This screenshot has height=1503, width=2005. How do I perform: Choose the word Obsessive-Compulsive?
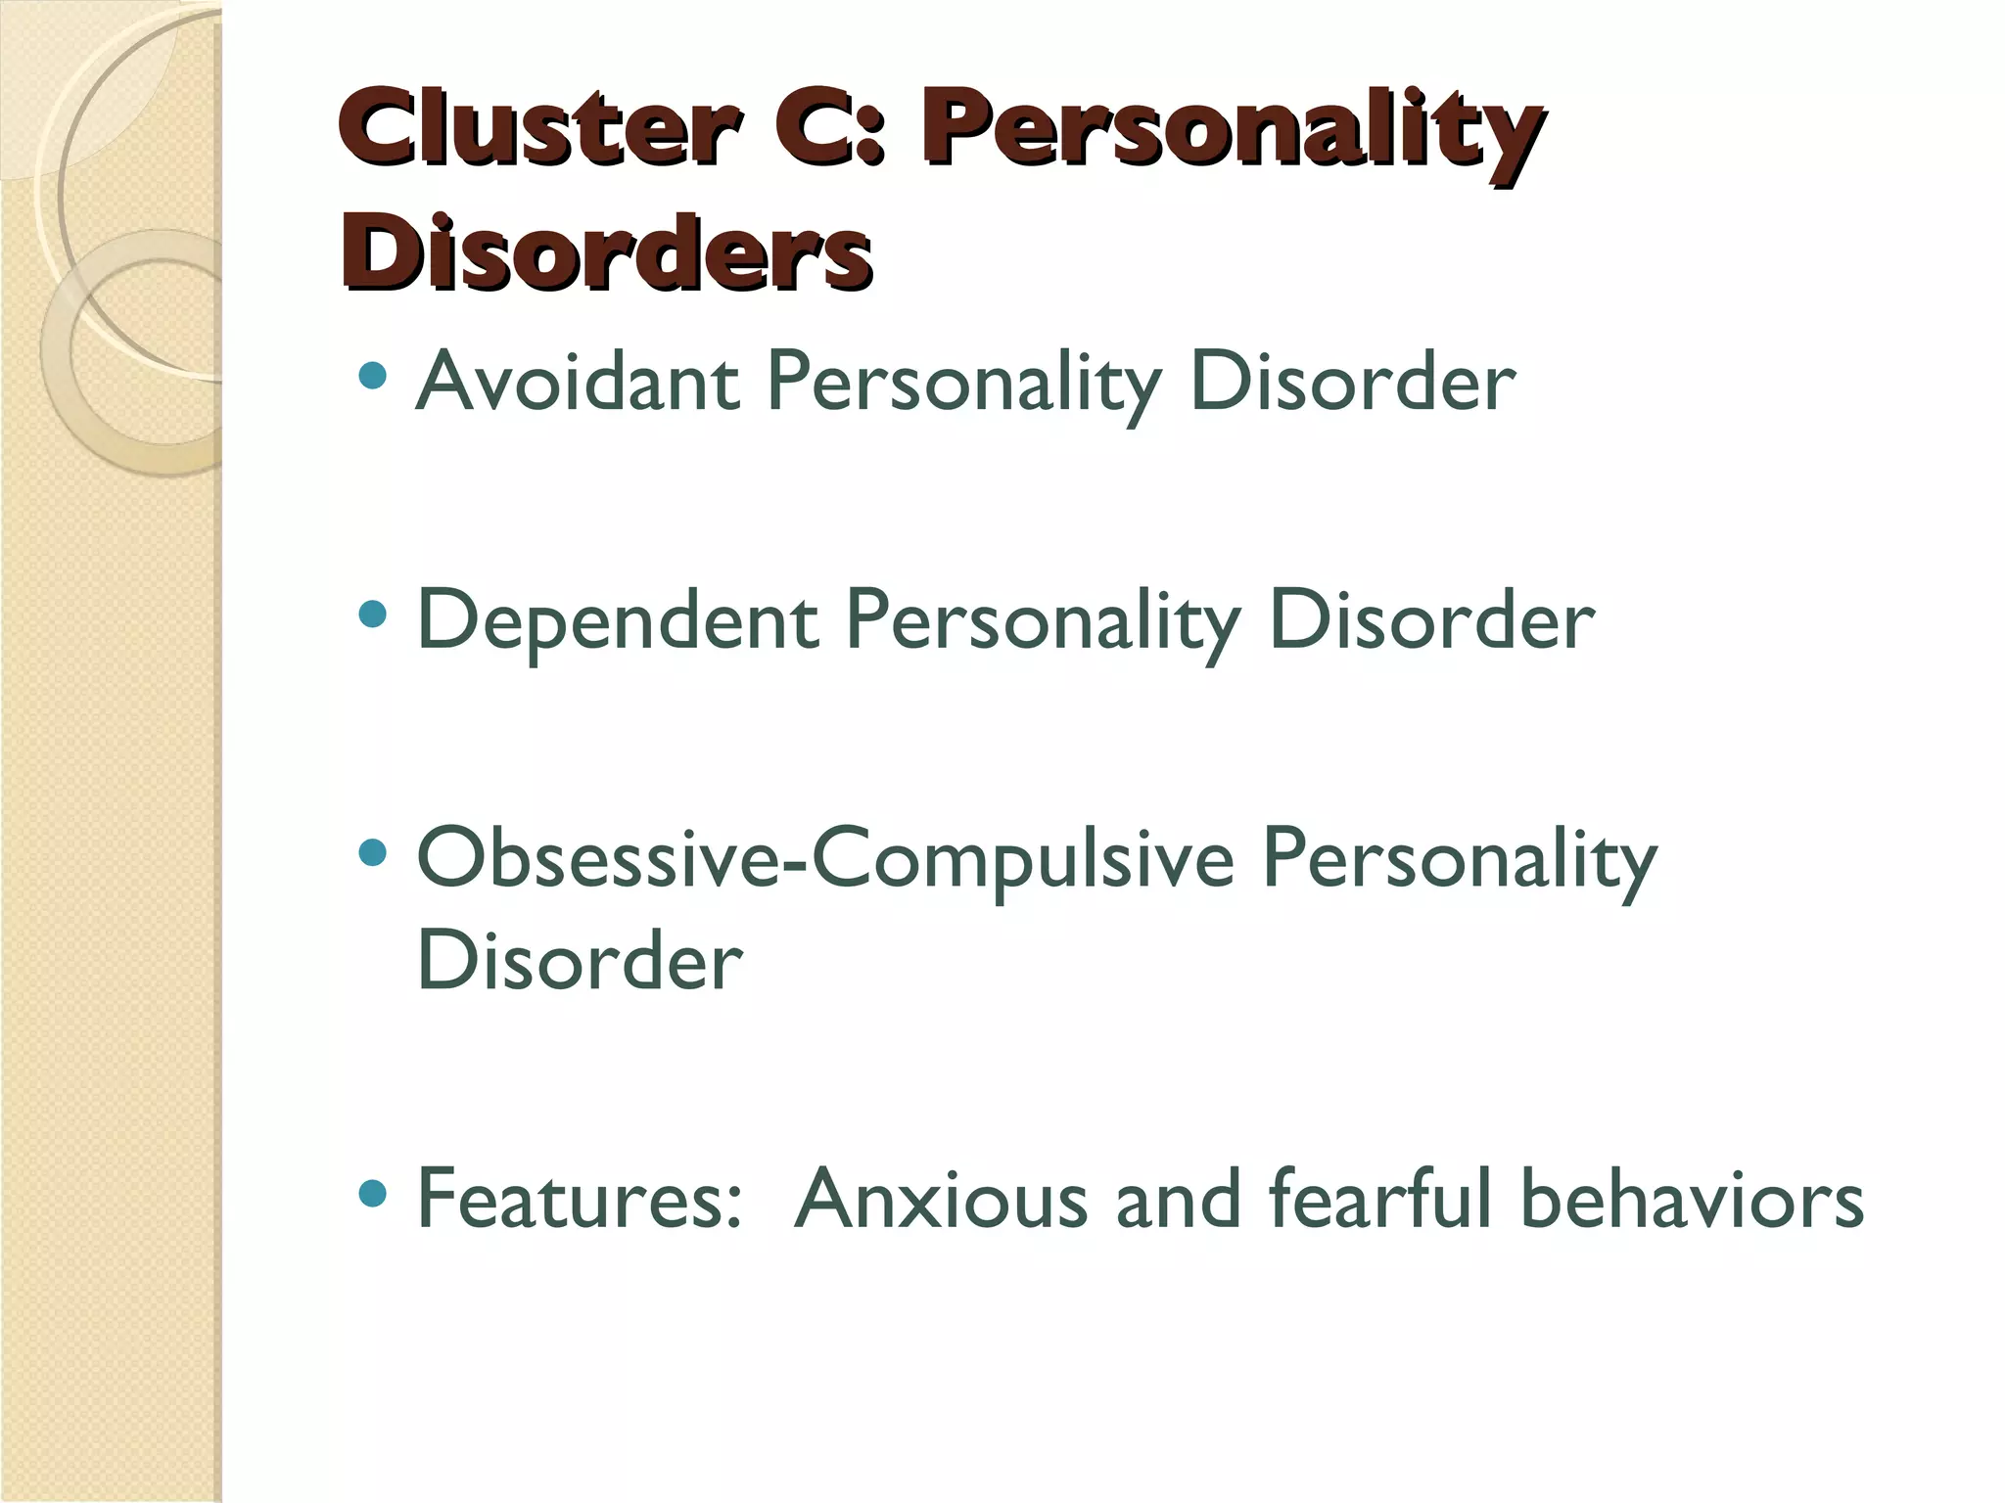point(826,858)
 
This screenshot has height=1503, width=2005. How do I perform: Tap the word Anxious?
point(941,1199)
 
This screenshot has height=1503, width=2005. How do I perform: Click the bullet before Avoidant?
point(373,376)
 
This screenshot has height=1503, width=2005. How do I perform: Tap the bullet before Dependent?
point(373,615)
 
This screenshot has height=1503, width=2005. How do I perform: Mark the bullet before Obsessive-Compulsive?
point(373,853)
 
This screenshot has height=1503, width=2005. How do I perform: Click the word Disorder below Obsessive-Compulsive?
point(580,960)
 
